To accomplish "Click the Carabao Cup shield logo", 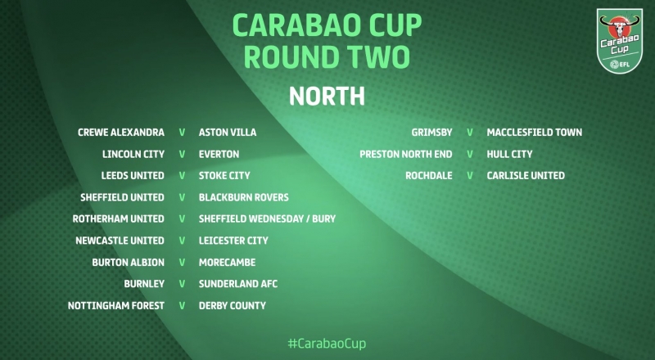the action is pyautogui.click(x=620, y=41).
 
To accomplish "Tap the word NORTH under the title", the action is pyautogui.click(x=327, y=96).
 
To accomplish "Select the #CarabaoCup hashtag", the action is pyautogui.click(x=327, y=344).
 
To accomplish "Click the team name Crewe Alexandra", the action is pyautogui.click(x=121, y=133).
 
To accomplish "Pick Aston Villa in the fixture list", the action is pyautogui.click(x=228, y=133).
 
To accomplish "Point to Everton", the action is pyautogui.click(x=219, y=154).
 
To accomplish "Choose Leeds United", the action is pyautogui.click(x=133, y=175).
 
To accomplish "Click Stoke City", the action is pyautogui.click(x=224, y=175).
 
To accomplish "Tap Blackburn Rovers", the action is pyautogui.click(x=243, y=197).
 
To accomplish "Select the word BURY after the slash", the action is pyautogui.click(x=323, y=218).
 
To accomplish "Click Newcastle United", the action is pyautogui.click(x=120, y=241).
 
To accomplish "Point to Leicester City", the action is pyautogui.click(x=233, y=241).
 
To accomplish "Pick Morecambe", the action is pyautogui.click(x=228, y=263).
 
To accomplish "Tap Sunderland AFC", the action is pyautogui.click(x=238, y=284).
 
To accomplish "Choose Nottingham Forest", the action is pyautogui.click(x=116, y=306).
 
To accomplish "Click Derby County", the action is pyautogui.click(x=233, y=306).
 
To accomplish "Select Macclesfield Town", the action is pyautogui.click(x=535, y=133).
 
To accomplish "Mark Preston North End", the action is pyautogui.click(x=406, y=154).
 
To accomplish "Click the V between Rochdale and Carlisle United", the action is pyautogui.click(x=470, y=175).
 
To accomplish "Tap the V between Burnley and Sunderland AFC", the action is pyautogui.click(x=182, y=284).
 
